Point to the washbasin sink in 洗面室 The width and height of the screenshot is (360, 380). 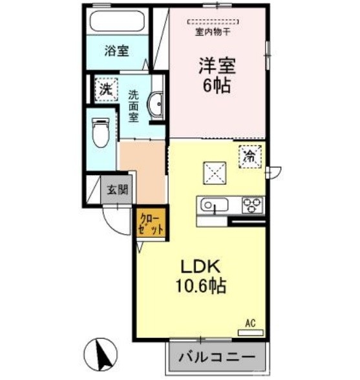[156, 105]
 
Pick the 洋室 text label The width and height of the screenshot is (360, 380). [216, 65]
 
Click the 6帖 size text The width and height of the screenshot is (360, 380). [216, 87]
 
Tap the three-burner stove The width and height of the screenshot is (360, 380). [251, 205]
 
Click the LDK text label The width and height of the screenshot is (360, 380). [201, 266]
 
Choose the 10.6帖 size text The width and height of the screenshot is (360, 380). [202, 285]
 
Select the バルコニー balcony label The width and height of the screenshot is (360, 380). [218, 357]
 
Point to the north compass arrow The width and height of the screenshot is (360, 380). [103, 354]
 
